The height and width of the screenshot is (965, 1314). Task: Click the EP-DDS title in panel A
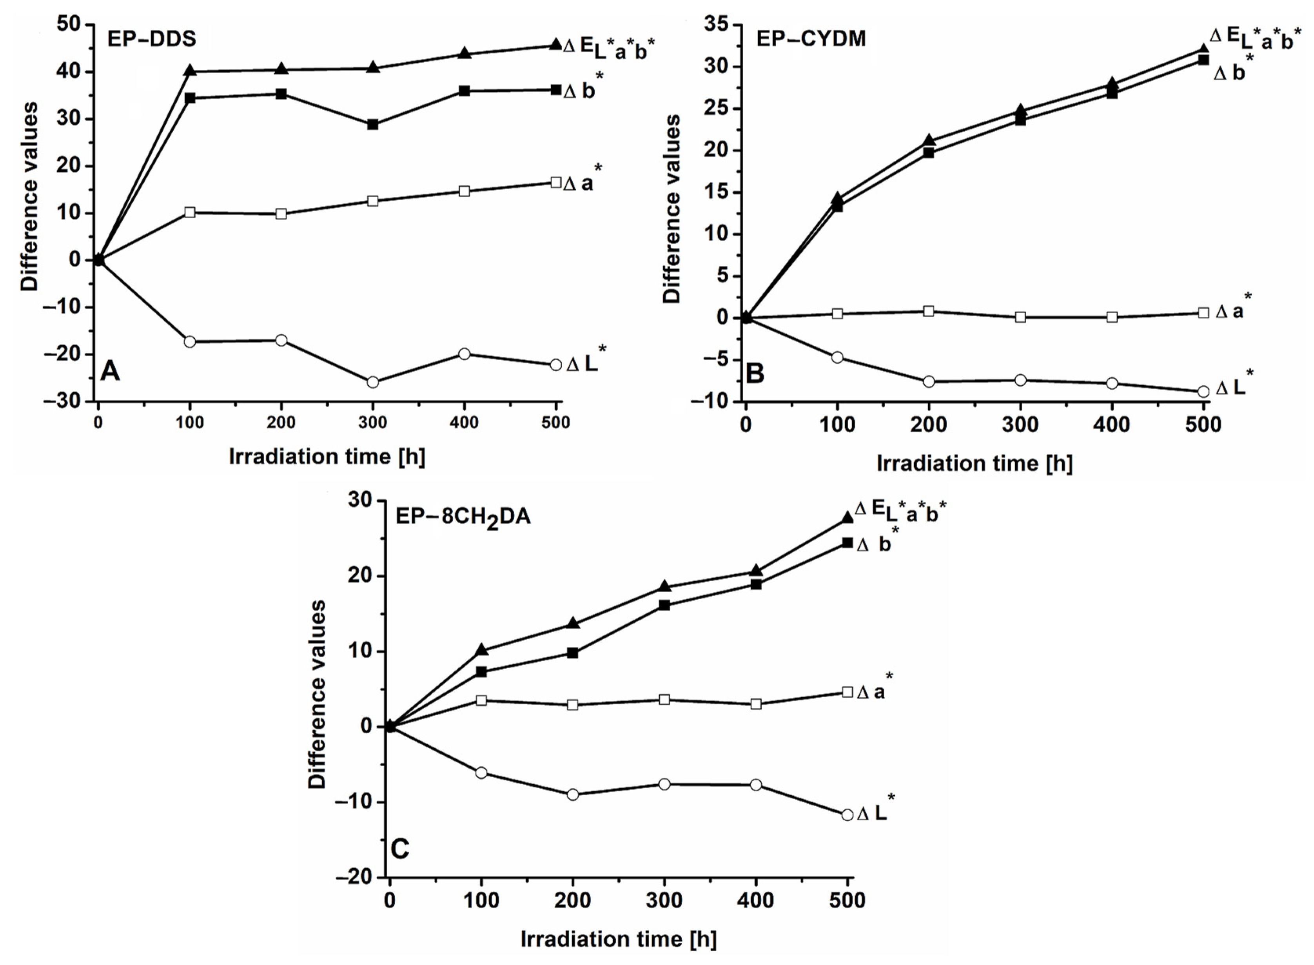pyautogui.click(x=151, y=38)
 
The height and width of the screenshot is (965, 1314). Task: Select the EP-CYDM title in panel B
pyautogui.click(x=811, y=38)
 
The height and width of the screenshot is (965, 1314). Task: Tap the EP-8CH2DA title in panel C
pyautogui.click(x=463, y=517)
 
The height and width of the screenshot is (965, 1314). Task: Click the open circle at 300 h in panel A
pyautogui.click(x=373, y=383)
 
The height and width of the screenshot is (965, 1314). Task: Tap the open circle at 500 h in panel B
pyautogui.click(x=1203, y=392)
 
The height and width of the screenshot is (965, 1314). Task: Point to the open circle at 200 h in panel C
pyautogui.click(x=573, y=794)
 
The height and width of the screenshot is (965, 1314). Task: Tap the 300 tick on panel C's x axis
pyautogui.click(x=664, y=901)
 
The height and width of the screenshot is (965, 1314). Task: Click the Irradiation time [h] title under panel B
pyautogui.click(x=974, y=463)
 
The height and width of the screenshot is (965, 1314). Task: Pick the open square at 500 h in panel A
pyautogui.click(x=555, y=182)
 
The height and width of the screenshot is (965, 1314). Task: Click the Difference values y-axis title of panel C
pyautogui.click(x=317, y=694)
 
